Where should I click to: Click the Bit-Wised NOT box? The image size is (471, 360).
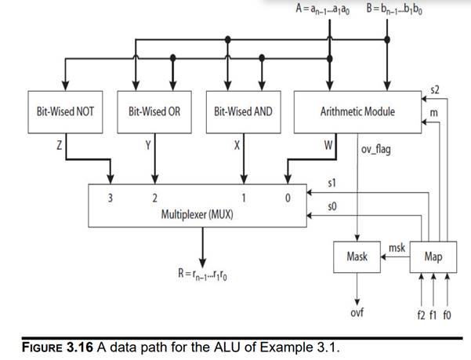pyautogui.click(x=66, y=111)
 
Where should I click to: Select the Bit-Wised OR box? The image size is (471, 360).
pyautogui.click(x=154, y=111)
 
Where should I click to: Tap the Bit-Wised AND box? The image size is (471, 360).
pyautogui.click(x=243, y=111)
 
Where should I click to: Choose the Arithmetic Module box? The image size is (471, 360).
pyautogui.click(x=357, y=111)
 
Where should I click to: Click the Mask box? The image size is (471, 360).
pyautogui.click(x=357, y=256)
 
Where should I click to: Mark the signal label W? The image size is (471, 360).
pyautogui.click(x=330, y=146)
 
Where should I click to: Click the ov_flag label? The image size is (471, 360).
pyautogui.click(x=377, y=149)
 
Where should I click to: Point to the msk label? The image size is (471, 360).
pyautogui.click(x=397, y=247)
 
